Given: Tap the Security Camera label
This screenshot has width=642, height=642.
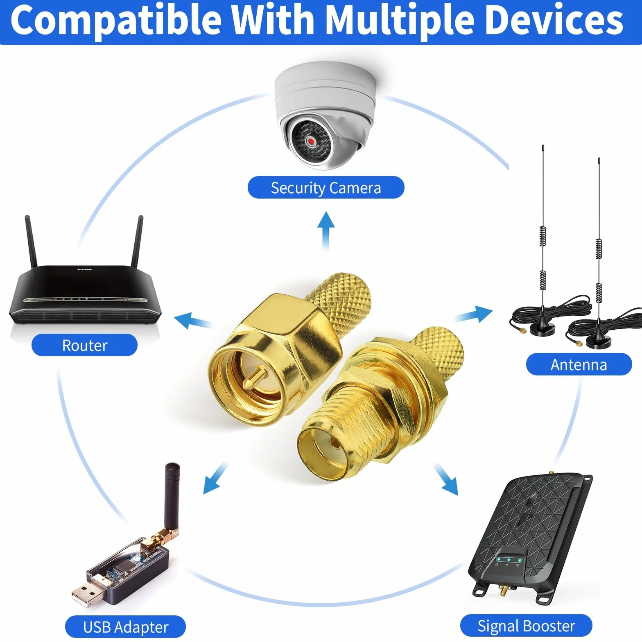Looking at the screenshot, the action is [x=326, y=188].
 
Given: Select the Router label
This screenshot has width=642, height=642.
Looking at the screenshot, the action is [x=84, y=345].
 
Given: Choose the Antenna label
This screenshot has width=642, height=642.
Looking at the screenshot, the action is [x=579, y=364].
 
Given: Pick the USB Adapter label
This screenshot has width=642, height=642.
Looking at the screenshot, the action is [x=125, y=627].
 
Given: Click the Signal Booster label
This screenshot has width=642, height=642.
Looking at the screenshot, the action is [x=526, y=626].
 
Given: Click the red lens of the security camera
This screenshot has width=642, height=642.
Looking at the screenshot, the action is [x=311, y=142].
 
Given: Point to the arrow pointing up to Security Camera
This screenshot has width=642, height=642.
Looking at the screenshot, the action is [x=326, y=231].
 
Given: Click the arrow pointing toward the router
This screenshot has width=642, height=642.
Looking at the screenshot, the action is [x=192, y=320].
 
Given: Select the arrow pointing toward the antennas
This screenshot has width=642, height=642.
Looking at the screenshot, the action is [x=474, y=314].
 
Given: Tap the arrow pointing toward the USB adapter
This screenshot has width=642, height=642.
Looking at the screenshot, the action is [x=215, y=478].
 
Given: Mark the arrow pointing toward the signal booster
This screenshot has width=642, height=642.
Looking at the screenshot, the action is [x=446, y=479].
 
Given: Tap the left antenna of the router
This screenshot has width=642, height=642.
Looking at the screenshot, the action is [x=31, y=241].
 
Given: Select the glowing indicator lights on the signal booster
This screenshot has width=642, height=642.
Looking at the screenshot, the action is [x=508, y=559].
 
